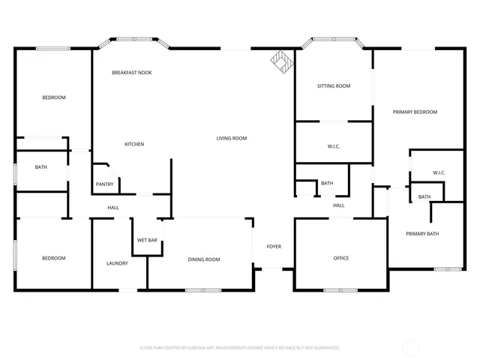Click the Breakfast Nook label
click(x=132, y=73)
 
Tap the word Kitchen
click(x=134, y=144)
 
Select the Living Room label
click(x=232, y=138)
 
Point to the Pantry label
click(x=105, y=184)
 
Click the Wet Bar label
click(x=147, y=241)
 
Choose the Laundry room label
click(x=117, y=263)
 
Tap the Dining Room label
click(x=204, y=259)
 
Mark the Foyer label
click(x=274, y=245)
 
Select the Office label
click(x=341, y=259)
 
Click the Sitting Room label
click(x=334, y=86)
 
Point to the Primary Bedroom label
click(x=415, y=112)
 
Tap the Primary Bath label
click(x=422, y=234)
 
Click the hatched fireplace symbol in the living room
click(x=282, y=61)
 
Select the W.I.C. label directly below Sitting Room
click(x=334, y=146)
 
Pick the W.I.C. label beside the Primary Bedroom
click(x=439, y=173)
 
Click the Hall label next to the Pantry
click(x=113, y=208)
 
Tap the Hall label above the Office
click(x=339, y=205)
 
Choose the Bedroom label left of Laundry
click(x=53, y=259)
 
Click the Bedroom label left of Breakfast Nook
click(x=53, y=97)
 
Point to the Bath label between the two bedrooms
click(x=40, y=167)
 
